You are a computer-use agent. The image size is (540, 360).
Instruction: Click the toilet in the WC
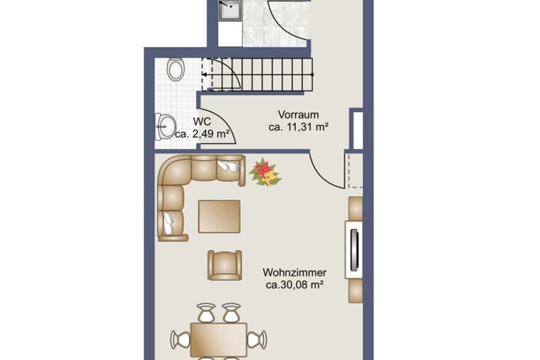(176, 70)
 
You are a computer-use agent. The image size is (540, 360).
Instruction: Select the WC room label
(202, 122)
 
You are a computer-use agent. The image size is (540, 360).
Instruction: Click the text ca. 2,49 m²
(202, 134)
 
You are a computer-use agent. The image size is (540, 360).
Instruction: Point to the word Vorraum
(298, 115)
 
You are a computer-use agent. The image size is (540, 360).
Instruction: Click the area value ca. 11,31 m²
(298, 127)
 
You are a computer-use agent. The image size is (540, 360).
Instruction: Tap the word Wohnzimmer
(295, 272)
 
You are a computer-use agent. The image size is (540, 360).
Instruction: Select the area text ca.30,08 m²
(295, 285)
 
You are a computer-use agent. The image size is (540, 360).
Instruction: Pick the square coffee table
(220, 217)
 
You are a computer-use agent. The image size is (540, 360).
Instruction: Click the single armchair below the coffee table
(225, 265)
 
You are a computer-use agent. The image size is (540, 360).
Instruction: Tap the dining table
(219, 339)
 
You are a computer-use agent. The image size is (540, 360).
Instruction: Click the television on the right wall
(355, 250)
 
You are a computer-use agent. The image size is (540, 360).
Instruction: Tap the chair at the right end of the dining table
(257, 339)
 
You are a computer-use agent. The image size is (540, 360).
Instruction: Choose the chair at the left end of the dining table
(180, 339)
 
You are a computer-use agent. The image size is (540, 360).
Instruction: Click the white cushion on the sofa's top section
(229, 166)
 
